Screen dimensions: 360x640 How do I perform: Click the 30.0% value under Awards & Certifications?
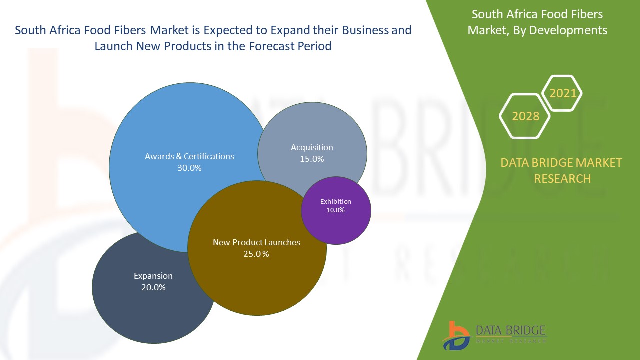coord(189,168)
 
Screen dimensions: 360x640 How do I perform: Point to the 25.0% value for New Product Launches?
coord(256,254)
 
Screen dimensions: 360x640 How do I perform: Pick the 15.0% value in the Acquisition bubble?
coord(312,159)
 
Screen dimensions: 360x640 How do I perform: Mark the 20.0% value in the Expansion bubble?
coord(153,288)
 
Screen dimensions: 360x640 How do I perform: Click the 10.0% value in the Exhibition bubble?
coord(336,210)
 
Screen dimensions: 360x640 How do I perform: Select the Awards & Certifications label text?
coord(189,156)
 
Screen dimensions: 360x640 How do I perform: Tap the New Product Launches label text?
coord(256,242)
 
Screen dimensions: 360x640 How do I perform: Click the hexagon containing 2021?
coord(563,93)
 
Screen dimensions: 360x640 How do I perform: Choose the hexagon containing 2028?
coord(525,116)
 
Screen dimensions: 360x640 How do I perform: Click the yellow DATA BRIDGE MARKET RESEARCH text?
coord(561,170)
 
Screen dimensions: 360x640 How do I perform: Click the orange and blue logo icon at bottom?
coord(456,335)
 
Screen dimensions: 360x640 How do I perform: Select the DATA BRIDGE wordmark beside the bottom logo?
coord(511,330)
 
